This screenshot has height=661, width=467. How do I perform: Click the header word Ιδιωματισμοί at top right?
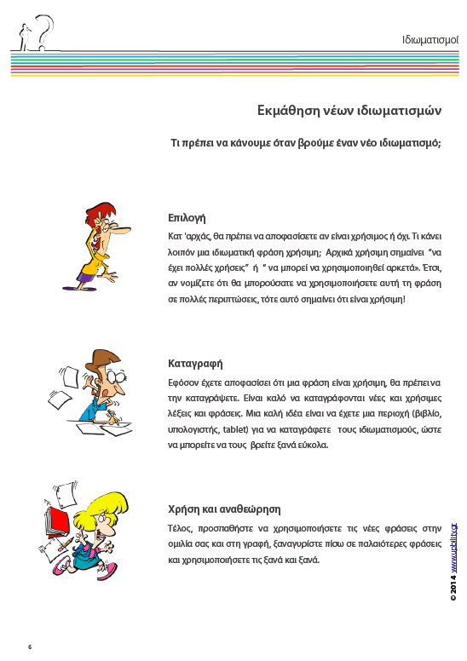(x=430, y=40)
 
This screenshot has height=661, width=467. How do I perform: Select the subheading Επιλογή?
(x=187, y=217)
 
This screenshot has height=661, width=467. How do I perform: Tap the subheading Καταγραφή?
(x=195, y=364)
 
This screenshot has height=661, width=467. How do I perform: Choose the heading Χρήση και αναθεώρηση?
(x=224, y=509)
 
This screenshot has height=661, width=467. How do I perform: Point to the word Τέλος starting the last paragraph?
(x=180, y=528)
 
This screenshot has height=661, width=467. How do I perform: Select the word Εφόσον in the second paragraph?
(x=185, y=383)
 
